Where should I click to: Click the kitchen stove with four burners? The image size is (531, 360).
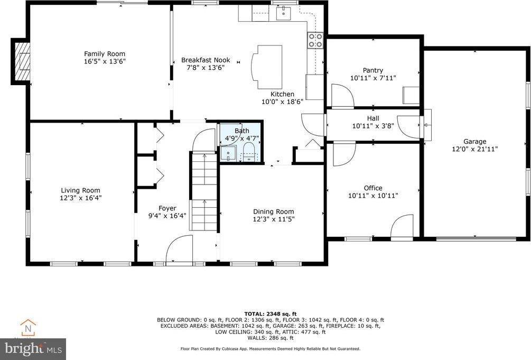(315, 40)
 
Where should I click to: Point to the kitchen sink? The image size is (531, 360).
(281, 12)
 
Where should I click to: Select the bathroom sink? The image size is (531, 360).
(229, 153)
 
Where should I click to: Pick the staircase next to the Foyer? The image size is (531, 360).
(203, 190)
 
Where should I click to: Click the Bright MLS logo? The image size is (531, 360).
(33, 349)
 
